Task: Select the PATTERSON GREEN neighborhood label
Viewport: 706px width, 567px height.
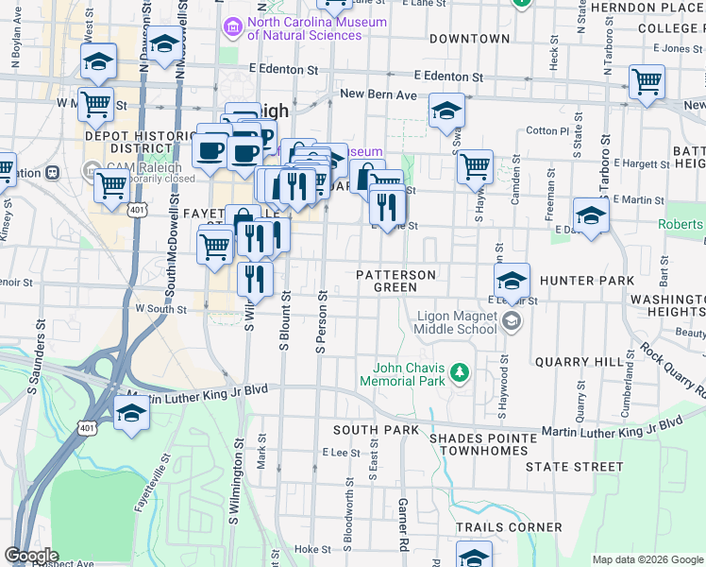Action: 395,281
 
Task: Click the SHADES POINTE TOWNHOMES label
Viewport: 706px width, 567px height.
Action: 479,444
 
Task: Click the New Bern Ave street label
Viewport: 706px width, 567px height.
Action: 378,94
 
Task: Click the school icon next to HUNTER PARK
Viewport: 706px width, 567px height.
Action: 512,280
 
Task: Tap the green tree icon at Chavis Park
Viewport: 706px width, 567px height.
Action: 461,371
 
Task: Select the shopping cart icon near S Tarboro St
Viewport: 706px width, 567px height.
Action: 647,82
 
